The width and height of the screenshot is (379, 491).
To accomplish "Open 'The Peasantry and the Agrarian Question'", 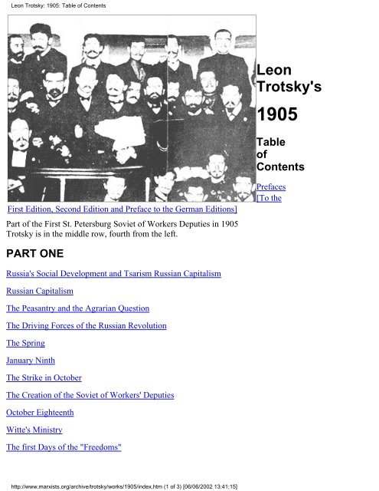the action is tap(77, 308).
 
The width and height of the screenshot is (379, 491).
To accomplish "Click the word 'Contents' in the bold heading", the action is tap(281, 166).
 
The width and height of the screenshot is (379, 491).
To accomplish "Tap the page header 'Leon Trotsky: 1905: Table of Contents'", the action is tap(54, 7).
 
